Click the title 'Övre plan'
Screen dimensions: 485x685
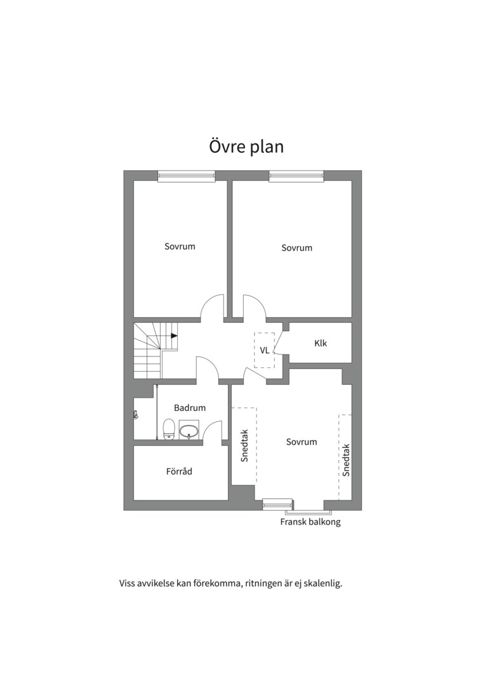(246, 147)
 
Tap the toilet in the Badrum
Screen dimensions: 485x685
(169, 429)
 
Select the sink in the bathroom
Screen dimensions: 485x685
(189, 430)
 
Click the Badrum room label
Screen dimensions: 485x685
(190, 408)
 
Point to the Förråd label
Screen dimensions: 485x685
(179, 471)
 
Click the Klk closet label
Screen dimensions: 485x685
(321, 343)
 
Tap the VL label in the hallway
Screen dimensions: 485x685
(265, 350)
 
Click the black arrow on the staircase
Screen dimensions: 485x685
(173, 336)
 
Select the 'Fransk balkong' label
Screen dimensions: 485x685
(310, 521)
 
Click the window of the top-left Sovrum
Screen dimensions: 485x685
(187, 176)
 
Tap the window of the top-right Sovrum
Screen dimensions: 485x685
(297, 176)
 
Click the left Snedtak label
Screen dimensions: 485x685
(244, 445)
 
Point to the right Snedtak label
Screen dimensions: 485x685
(347, 460)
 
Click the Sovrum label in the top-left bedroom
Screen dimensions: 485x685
(180, 246)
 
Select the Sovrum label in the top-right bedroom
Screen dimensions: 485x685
(297, 248)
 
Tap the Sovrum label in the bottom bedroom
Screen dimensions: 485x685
(302, 441)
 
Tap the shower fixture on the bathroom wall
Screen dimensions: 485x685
(136, 415)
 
